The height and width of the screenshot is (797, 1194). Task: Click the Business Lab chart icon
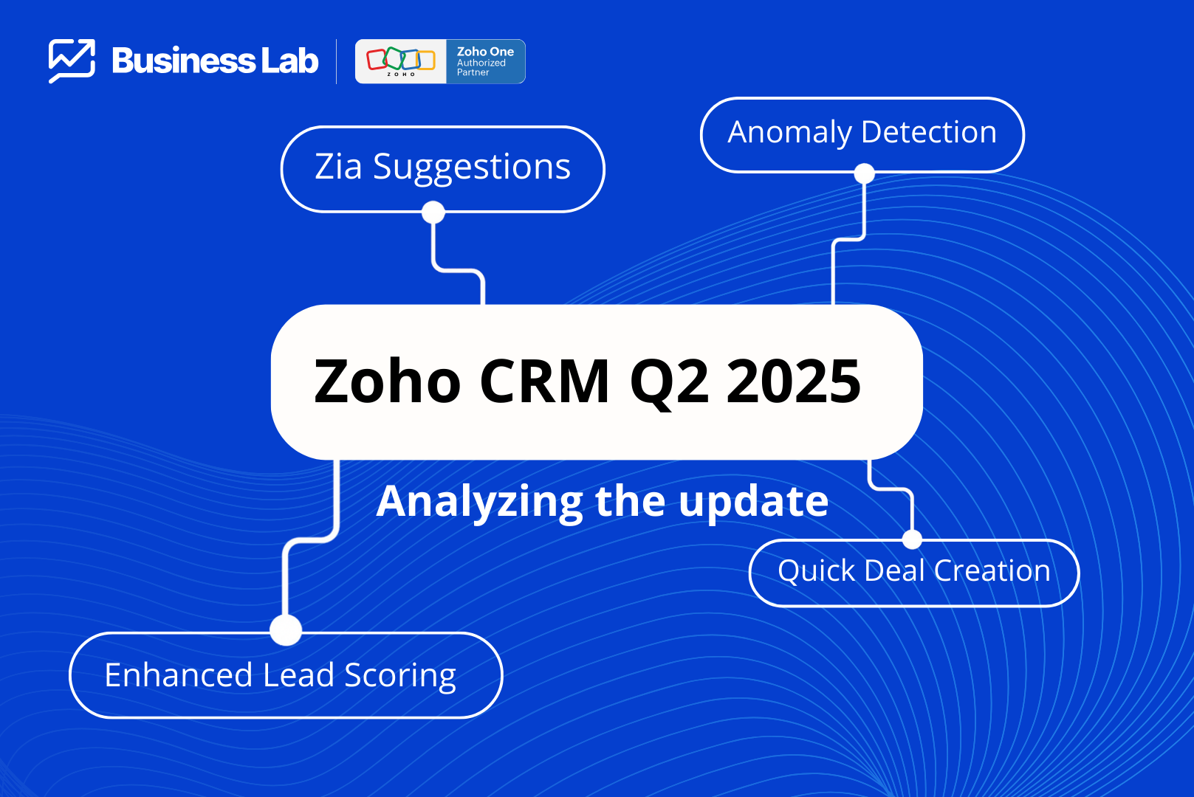click(72, 61)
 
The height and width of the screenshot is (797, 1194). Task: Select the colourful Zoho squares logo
click(401, 60)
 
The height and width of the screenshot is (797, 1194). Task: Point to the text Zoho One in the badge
click(485, 52)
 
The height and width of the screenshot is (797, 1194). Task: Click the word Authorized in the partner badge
click(481, 63)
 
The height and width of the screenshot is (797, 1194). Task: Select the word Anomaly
click(789, 133)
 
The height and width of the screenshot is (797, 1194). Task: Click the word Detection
click(929, 131)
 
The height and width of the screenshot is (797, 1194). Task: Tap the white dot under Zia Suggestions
click(433, 212)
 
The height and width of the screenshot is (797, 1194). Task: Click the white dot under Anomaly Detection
click(864, 173)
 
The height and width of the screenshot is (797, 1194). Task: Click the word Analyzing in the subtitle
click(479, 502)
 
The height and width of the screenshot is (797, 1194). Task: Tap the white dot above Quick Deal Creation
click(912, 539)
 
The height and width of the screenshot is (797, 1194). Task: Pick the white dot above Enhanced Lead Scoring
click(286, 629)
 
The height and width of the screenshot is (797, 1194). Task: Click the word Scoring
click(399, 676)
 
